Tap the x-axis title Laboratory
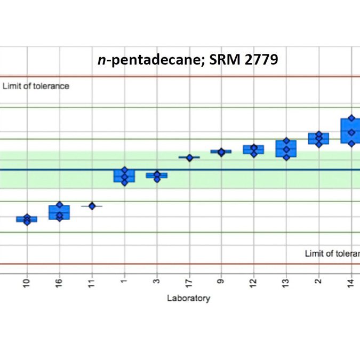click(x=188, y=298)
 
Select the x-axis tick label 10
click(x=27, y=282)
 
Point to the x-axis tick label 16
click(x=60, y=282)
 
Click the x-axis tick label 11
click(x=92, y=282)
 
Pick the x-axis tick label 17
click(x=189, y=282)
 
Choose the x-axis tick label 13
click(x=286, y=282)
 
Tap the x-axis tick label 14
click(x=350, y=282)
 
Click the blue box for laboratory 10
click(x=27, y=219)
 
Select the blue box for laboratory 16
click(x=59, y=212)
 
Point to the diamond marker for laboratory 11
click(x=92, y=206)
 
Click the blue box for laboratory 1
click(x=124, y=177)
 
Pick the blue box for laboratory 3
click(x=157, y=175)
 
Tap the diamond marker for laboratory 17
click(x=189, y=157)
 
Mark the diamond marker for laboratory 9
click(x=221, y=152)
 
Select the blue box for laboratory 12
click(x=254, y=150)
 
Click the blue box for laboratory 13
click(x=286, y=149)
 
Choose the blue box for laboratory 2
click(x=318, y=139)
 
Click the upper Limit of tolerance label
click(x=36, y=86)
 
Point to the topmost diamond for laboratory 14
click(x=351, y=118)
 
